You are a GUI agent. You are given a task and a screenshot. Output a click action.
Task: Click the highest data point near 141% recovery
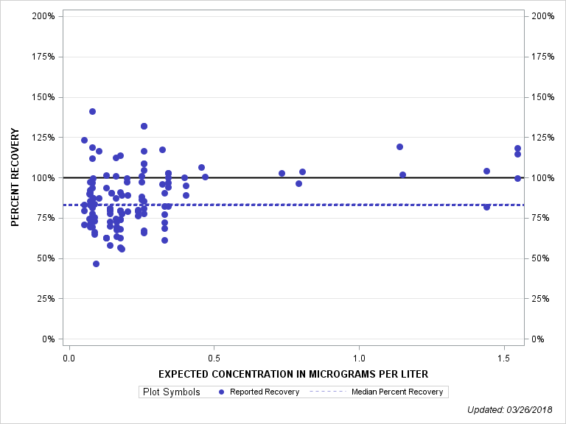pos(92,111)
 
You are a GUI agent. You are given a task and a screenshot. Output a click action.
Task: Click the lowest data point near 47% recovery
pos(96,264)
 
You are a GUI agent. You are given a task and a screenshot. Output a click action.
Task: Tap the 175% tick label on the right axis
pos(542,57)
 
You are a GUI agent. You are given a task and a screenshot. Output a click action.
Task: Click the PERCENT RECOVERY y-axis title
pos(15,177)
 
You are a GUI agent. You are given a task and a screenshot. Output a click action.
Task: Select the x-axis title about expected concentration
pos(293,374)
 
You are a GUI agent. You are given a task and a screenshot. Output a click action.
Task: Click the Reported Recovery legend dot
pos(222,392)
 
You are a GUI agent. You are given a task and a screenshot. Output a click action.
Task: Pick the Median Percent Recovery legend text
pos(398,392)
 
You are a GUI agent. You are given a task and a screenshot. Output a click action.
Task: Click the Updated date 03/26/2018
pos(515,409)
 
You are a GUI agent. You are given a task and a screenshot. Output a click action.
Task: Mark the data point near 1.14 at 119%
pos(399,146)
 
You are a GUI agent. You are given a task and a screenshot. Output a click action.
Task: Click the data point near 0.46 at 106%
pos(201,167)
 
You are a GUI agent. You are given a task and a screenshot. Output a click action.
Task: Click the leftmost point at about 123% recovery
pos(84,140)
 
